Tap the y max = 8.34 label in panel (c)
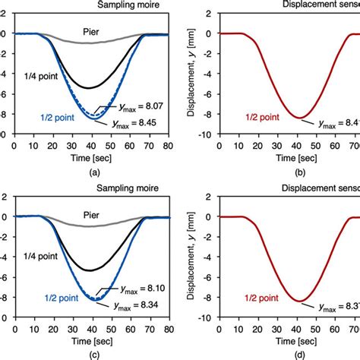point(141,305)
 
